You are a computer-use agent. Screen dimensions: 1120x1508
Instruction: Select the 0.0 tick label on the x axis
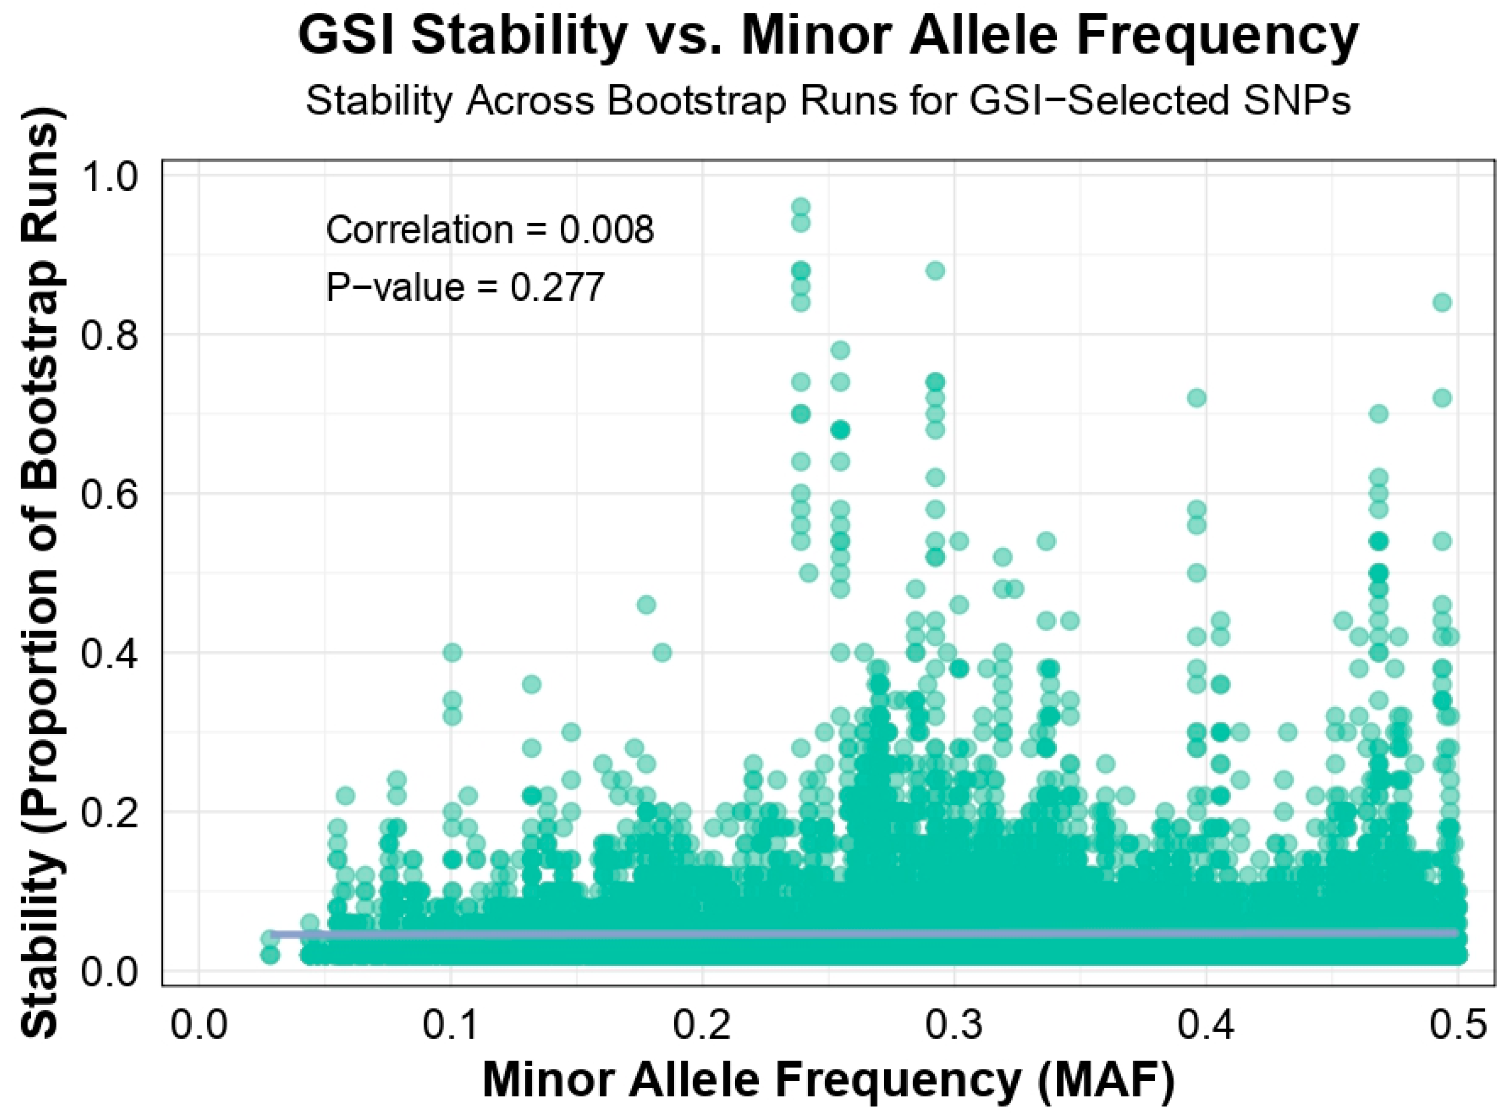[199, 1025]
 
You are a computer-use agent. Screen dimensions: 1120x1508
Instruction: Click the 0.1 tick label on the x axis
[451, 1025]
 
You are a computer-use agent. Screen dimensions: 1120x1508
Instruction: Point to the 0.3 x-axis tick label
[954, 1025]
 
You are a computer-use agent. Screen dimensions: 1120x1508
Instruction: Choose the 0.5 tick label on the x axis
[1457, 1025]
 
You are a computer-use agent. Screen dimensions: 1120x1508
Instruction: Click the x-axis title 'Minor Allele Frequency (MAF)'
[828, 1079]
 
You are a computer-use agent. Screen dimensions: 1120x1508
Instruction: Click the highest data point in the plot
[801, 207]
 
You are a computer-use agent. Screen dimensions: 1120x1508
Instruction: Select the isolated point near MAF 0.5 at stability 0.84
[1442, 302]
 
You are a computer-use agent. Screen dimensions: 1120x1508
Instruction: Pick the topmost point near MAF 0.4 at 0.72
[1197, 397]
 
